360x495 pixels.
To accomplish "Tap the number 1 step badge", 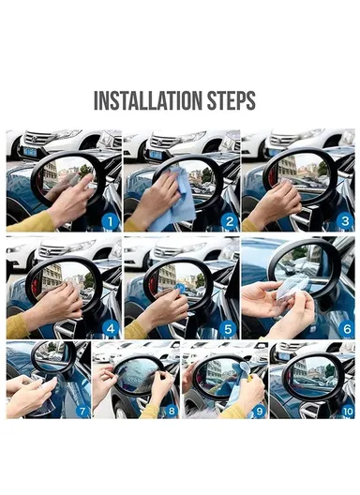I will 108,221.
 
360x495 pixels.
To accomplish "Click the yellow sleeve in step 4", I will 18,324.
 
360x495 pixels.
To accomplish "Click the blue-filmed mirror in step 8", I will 136,375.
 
